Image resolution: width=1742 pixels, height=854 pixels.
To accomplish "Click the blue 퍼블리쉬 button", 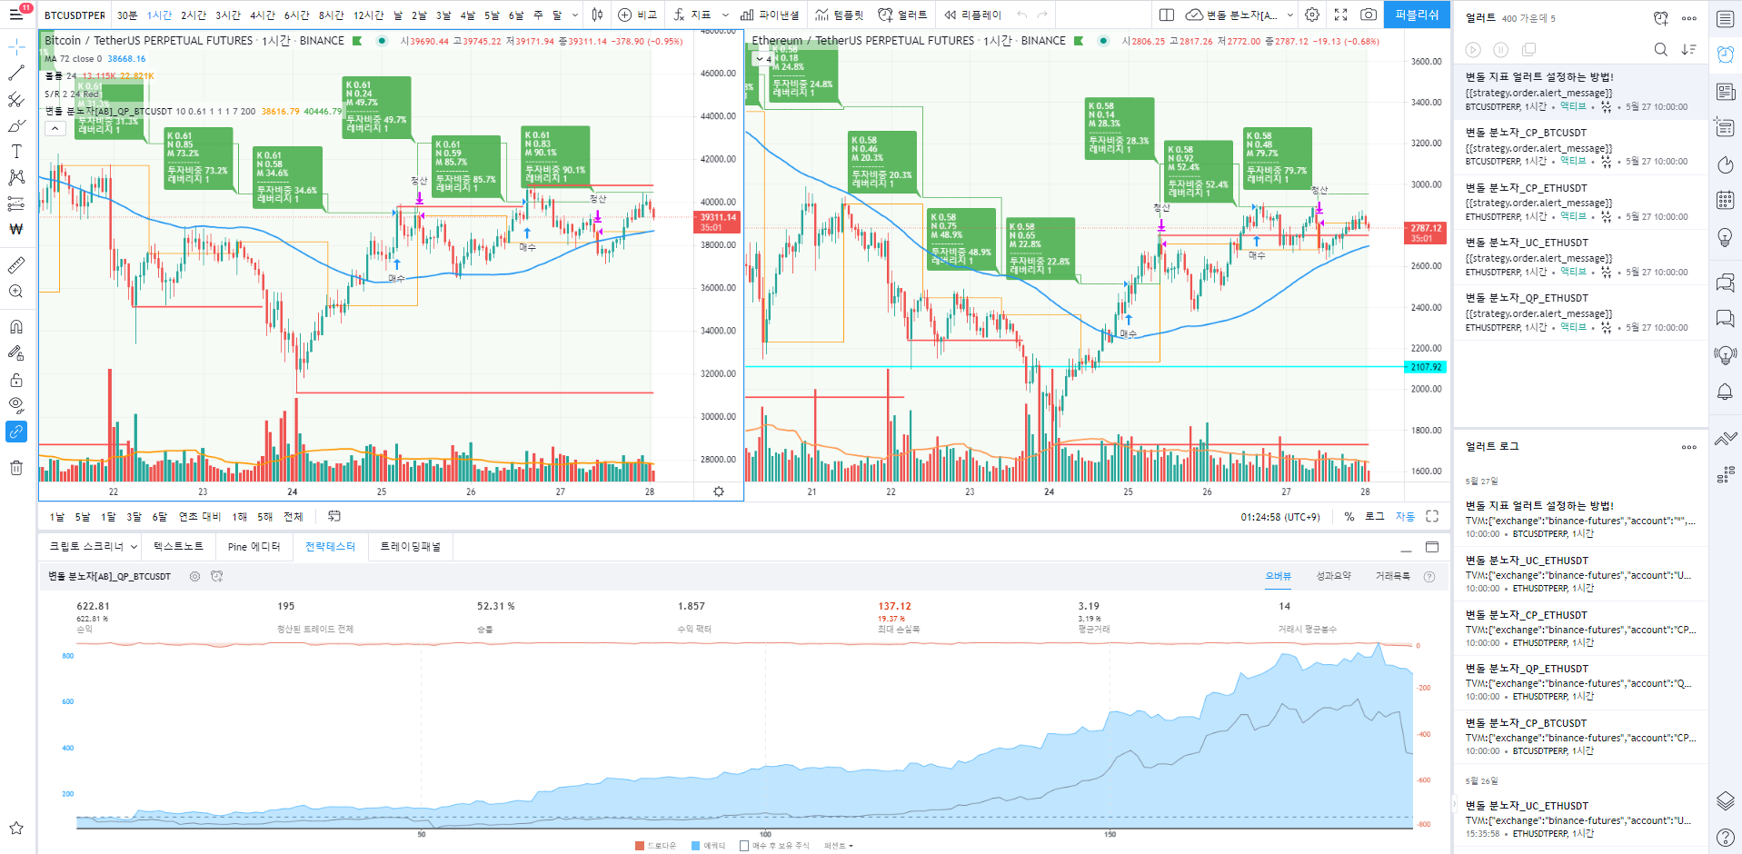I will pyautogui.click(x=1417, y=15).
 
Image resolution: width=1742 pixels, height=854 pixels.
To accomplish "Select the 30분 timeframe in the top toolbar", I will pyautogui.click(x=127, y=15).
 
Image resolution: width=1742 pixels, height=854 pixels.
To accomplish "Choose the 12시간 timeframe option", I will pyautogui.click(x=368, y=15).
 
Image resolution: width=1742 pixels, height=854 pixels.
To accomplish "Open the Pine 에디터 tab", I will pyautogui.click(x=254, y=546).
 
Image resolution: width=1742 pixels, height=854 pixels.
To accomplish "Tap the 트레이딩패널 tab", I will pyautogui.click(x=410, y=546).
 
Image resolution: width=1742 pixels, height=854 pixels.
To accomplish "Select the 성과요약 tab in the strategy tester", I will pyautogui.click(x=1333, y=576).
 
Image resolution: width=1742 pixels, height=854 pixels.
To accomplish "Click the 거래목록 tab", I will pyautogui.click(x=1392, y=576).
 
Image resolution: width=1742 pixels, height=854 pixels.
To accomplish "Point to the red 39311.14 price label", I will pyautogui.click(x=718, y=218).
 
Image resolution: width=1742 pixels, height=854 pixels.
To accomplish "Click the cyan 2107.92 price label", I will pyautogui.click(x=1426, y=367).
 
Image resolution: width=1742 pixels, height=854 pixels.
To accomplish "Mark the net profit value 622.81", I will pyautogui.click(x=93, y=606).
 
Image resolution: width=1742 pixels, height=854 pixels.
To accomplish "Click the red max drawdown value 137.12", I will pyautogui.click(x=894, y=606).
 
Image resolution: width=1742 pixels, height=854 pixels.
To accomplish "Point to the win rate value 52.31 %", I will pyautogui.click(x=495, y=606).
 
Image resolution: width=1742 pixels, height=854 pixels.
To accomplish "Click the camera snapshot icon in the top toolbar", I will pyautogui.click(x=1368, y=15).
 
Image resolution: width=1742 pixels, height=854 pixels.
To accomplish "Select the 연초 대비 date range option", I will pyautogui.click(x=199, y=516).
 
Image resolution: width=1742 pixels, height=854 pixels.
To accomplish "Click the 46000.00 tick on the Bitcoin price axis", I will pyautogui.click(x=718, y=74).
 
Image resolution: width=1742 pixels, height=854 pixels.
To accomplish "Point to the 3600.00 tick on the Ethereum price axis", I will pyautogui.click(x=1426, y=62).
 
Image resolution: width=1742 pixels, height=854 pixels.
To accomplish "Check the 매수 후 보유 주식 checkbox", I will pyautogui.click(x=744, y=846).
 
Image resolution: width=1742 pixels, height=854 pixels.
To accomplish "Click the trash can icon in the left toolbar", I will pyautogui.click(x=16, y=468).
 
